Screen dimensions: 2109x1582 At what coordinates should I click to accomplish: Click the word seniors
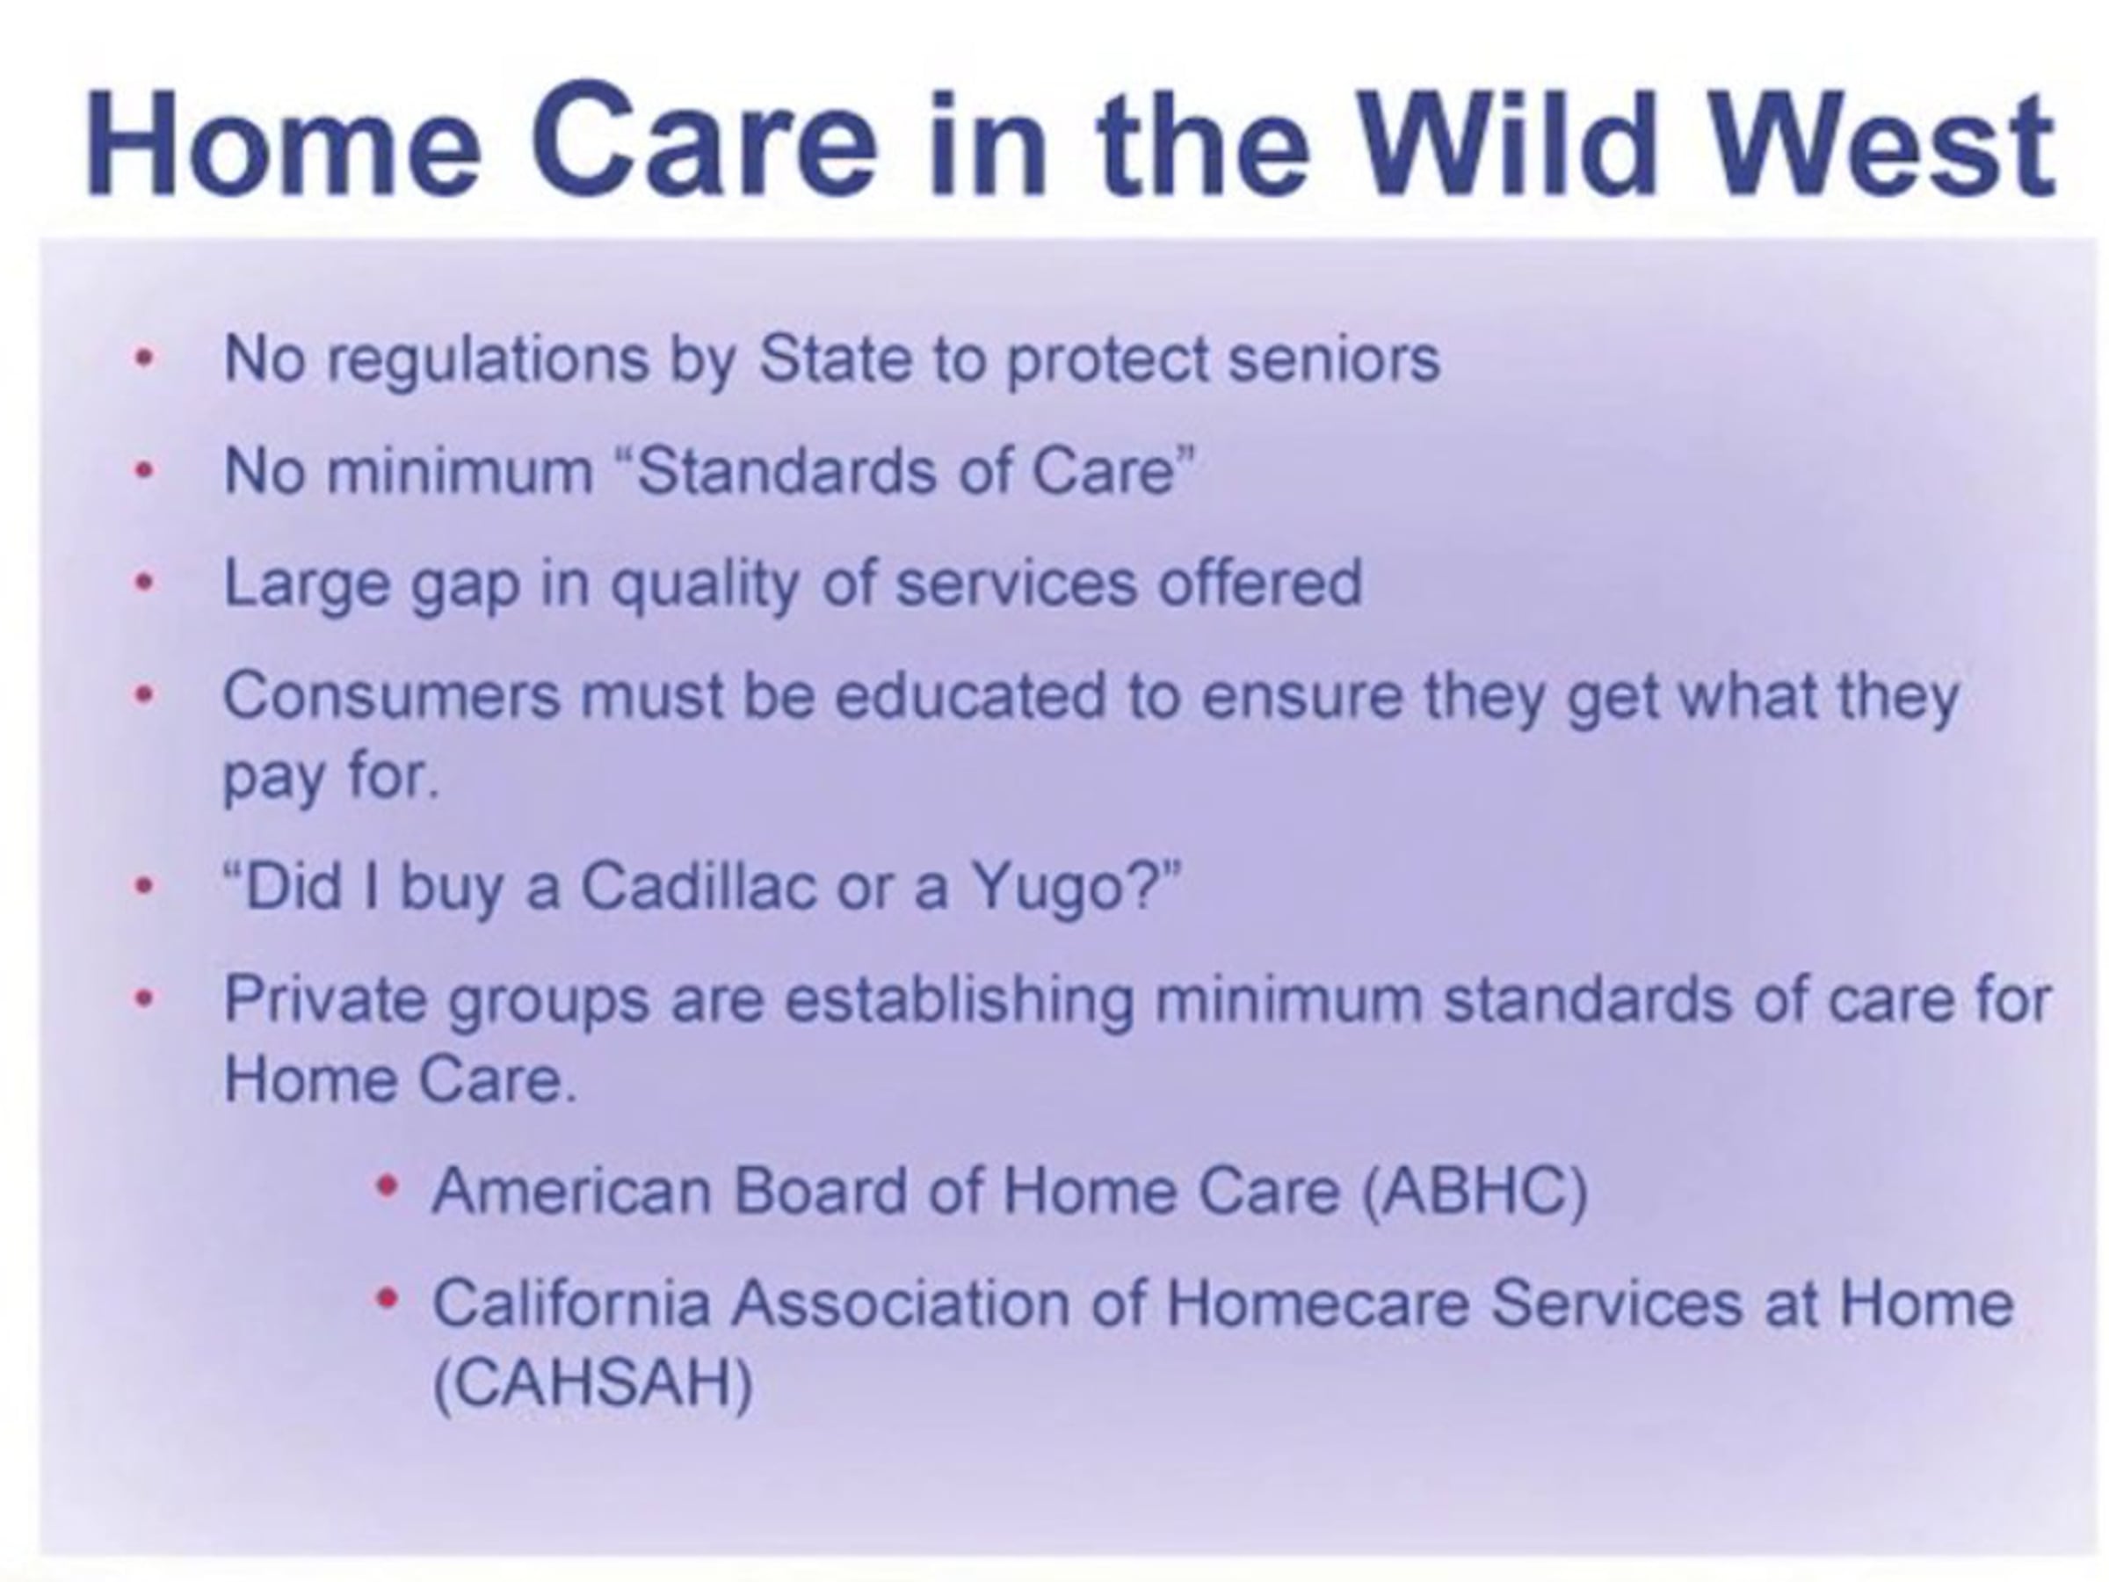tap(1334, 359)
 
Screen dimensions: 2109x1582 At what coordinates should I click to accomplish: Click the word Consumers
tap(392, 695)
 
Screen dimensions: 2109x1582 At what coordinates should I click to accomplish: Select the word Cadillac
tap(698, 886)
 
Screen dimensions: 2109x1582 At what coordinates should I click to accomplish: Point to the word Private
tap(325, 998)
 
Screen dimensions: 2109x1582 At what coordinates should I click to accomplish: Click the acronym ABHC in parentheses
tap(1476, 1192)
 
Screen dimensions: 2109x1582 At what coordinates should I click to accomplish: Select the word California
tap(571, 1303)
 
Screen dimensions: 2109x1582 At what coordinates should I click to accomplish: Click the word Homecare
tap(1317, 1303)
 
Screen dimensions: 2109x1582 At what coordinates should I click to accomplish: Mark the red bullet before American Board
tap(386, 1186)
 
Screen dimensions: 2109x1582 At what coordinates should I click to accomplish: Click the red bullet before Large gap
tap(144, 583)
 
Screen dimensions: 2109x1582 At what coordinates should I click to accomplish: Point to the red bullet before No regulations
tap(144, 359)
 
